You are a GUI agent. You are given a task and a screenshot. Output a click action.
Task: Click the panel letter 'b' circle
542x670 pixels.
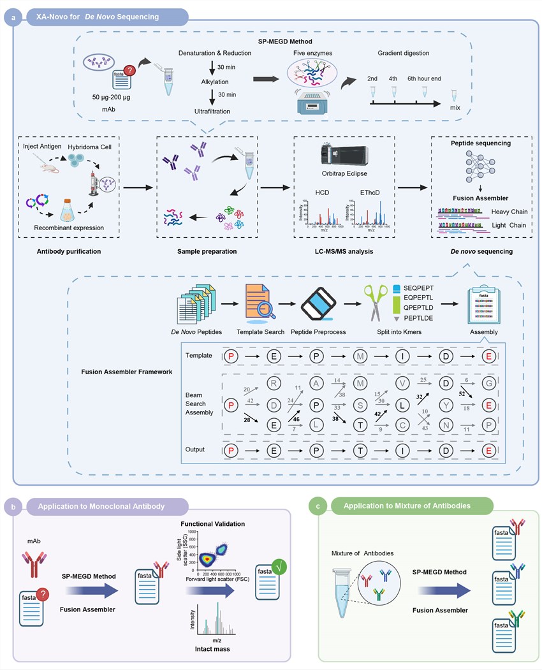pyautogui.click(x=14, y=507)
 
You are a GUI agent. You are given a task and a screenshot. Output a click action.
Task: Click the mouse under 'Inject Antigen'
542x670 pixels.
pyautogui.click(x=47, y=168)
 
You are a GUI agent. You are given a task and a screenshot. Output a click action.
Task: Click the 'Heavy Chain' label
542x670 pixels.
pyautogui.click(x=508, y=212)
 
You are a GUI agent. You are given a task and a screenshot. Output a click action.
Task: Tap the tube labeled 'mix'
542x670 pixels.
pyautogui.click(x=455, y=97)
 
